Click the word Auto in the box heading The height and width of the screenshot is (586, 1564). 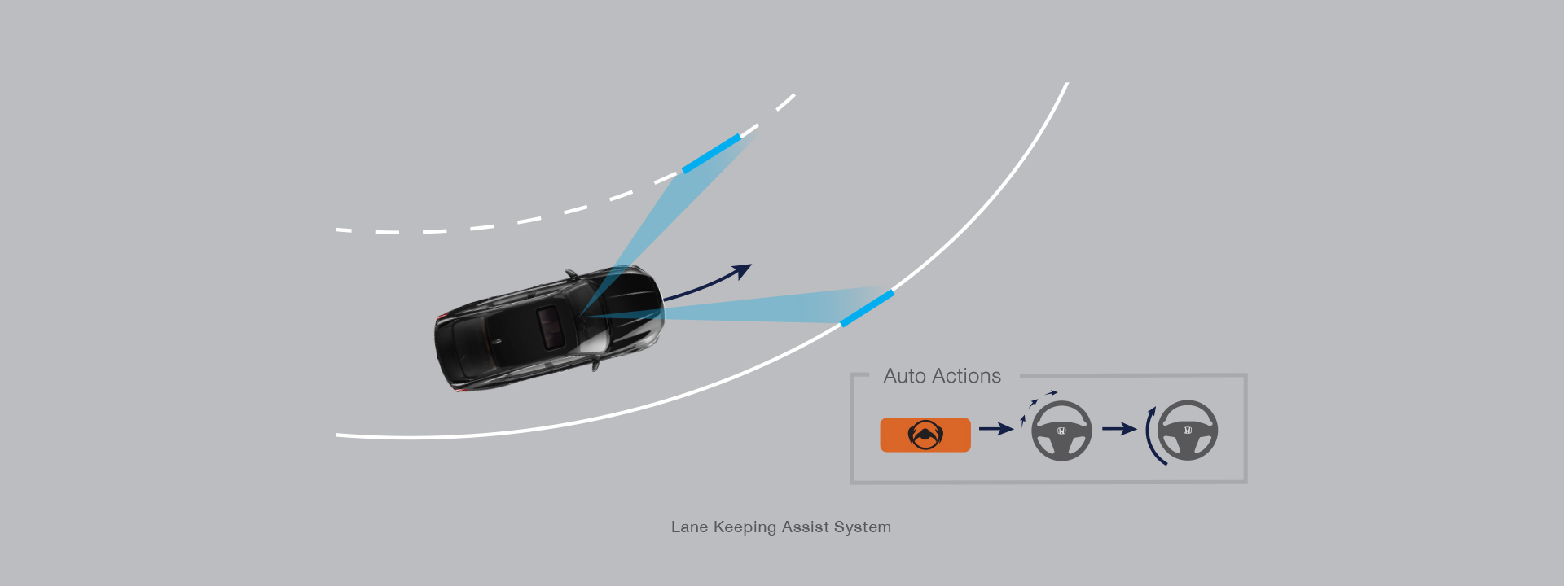tap(904, 376)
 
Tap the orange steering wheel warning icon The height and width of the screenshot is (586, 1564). tap(925, 435)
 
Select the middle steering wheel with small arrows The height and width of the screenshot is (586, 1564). tap(1061, 431)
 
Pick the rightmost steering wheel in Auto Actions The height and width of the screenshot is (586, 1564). tap(1188, 431)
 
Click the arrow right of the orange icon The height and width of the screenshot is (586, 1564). tap(995, 429)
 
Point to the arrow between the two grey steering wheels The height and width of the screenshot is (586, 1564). tap(1119, 429)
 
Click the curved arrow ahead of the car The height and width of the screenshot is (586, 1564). tap(709, 283)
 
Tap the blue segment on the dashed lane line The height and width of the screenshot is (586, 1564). tap(712, 153)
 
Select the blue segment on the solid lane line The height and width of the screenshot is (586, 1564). tap(867, 308)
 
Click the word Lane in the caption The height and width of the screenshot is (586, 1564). tap(689, 527)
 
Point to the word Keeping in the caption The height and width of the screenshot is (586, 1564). tap(745, 527)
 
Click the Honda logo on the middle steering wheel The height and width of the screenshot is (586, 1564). tap(1061, 431)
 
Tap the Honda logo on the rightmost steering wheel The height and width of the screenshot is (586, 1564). tap(1188, 431)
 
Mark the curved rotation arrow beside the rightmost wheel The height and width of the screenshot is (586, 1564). tap(1152, 436)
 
